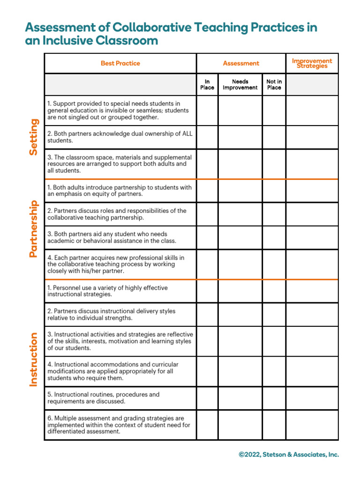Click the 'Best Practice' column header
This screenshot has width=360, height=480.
click(x=120, y=63)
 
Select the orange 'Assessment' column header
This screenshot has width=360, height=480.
click(x=241, y=63)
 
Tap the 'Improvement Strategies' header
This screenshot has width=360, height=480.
click(x=312, y=63)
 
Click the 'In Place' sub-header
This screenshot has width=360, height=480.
click(x=207, y=84)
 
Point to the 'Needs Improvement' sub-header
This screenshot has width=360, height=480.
click(x=240, y=84)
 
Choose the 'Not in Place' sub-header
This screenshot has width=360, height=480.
click(x=274, y=84)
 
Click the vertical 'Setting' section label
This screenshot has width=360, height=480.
click(x=33, y=137)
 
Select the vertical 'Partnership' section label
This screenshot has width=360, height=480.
click(x=33, y=229)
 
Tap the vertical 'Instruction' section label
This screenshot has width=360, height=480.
click(x=33, y=360)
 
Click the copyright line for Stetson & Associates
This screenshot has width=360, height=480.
click(x=288, y=454)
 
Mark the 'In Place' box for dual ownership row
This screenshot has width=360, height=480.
click(x=207, y=137)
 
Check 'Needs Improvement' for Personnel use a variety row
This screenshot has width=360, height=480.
click(x=240, y=291)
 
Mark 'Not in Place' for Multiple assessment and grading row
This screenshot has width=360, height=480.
click(x=274, y=425)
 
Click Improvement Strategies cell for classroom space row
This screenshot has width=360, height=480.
click(x=312, y=164)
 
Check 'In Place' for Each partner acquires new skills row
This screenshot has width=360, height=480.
click(x=207, y=264)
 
